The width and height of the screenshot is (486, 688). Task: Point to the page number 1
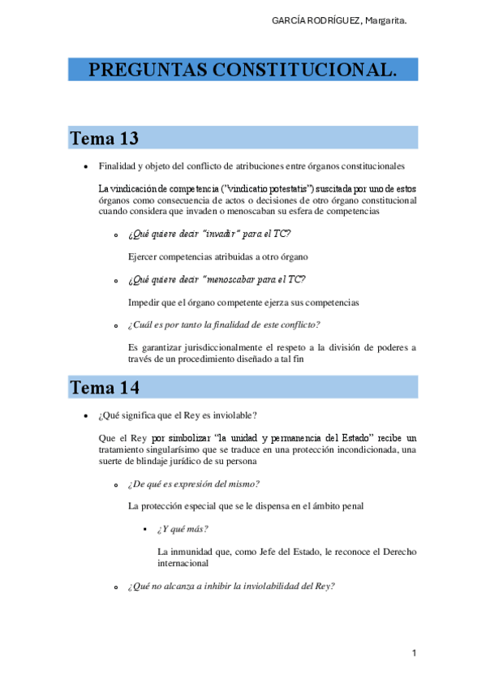(x=414, y=652)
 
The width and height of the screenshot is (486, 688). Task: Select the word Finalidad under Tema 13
(x=118, y=166)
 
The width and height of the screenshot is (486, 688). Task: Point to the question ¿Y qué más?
(x=183, y=529)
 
